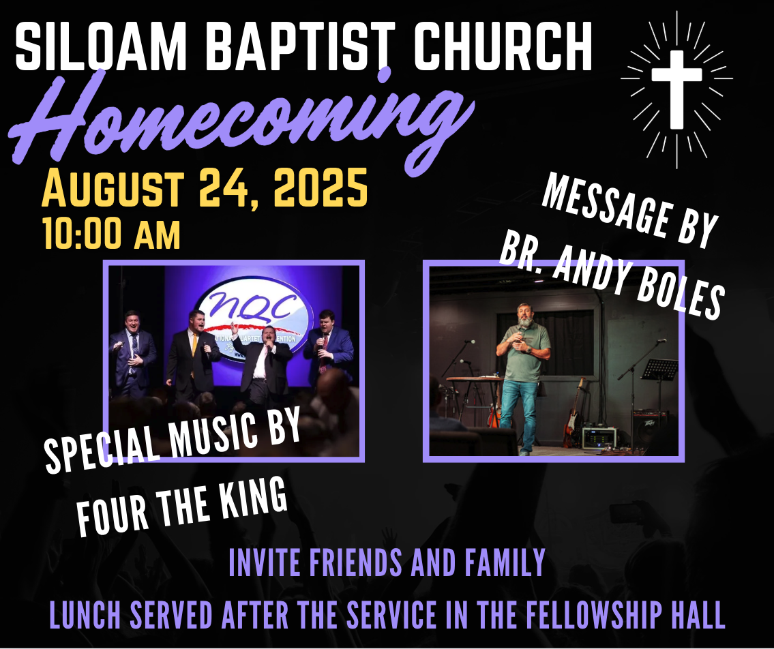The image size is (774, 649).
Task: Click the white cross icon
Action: pyautogui.click(x=676, y=89)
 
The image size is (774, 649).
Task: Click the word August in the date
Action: pyautogui.click(x=113, y=188)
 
